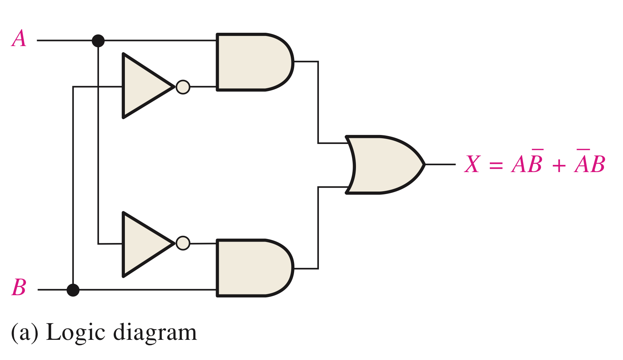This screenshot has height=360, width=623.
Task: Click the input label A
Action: (19, 39)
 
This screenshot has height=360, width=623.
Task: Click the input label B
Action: (19, 287)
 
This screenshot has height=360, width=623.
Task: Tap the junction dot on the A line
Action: (98, 41)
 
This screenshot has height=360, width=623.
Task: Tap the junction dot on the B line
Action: (73, 290)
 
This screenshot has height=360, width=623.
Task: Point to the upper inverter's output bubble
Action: (183, 87)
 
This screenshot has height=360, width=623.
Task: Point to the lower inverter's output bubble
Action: (183, 243)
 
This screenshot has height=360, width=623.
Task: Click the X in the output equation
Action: (472, 165)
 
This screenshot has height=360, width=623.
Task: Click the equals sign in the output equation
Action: (496, 166)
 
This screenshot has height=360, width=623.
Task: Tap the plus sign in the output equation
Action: (559, 166)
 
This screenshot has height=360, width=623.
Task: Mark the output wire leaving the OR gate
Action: (440, 165)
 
